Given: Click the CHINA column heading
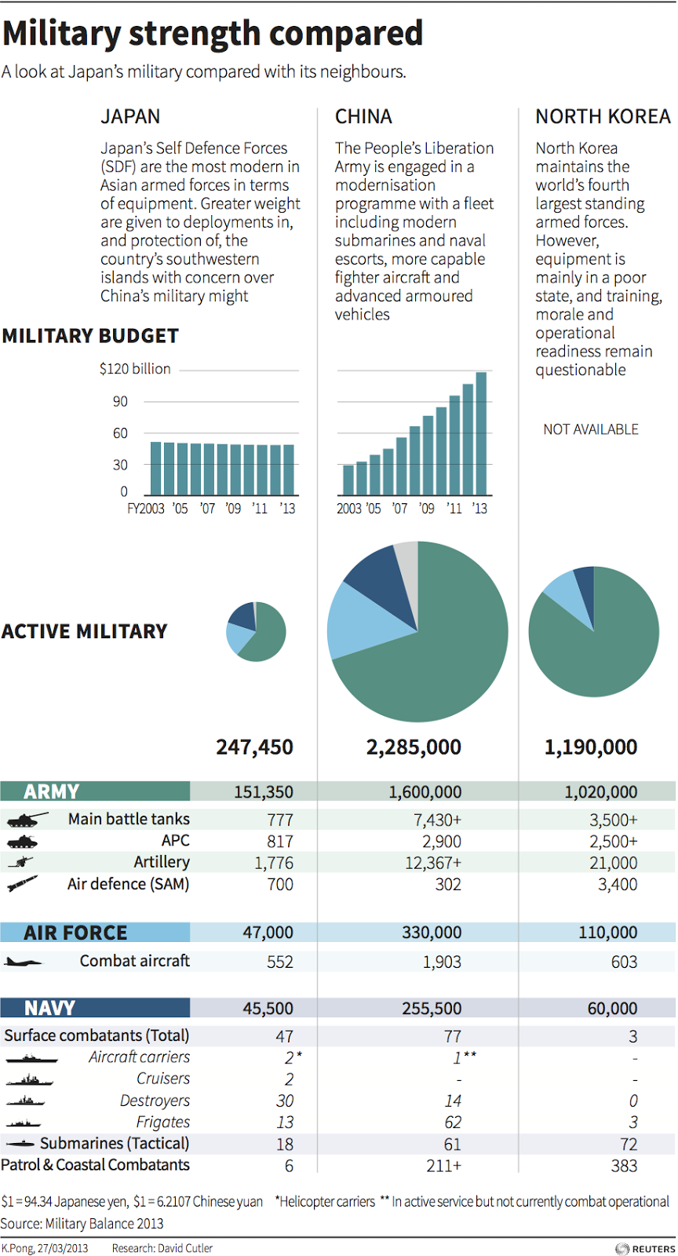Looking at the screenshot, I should (x=363, y=117).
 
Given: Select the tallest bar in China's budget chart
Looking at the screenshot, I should (x=481, y=433).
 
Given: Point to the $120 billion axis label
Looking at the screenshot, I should (x=135, y=369).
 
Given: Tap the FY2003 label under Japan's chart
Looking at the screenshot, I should (x=146, y=509).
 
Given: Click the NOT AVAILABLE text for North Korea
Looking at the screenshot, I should (x=591, y=429).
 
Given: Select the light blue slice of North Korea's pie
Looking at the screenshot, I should (x=563, y=590).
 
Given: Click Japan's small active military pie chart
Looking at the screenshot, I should (x=256, y=631).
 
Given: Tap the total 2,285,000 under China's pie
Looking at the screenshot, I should (x=414, y=747).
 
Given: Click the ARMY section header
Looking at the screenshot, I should (x=52, y=791).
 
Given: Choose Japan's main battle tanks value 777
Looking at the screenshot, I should (x=280, y=820).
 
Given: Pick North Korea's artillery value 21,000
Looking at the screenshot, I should (x=614, y=863).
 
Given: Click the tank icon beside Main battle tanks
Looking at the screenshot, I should (x=27, y=820).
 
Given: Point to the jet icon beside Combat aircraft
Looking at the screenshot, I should (x=24, y=962).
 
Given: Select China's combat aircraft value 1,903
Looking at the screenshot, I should (x=442, y=962).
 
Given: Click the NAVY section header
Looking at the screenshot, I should (x=50, y=1008).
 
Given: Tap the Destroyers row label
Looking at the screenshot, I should (x=155, y=1101).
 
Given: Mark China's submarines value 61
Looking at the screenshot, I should (x=453, y=1145).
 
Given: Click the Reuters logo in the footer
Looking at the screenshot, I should (x=645, y=1248).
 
